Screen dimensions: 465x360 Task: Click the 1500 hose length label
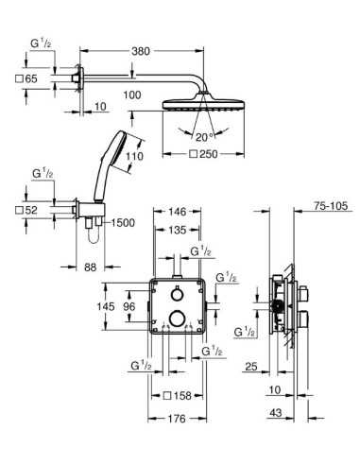[120, 223]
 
